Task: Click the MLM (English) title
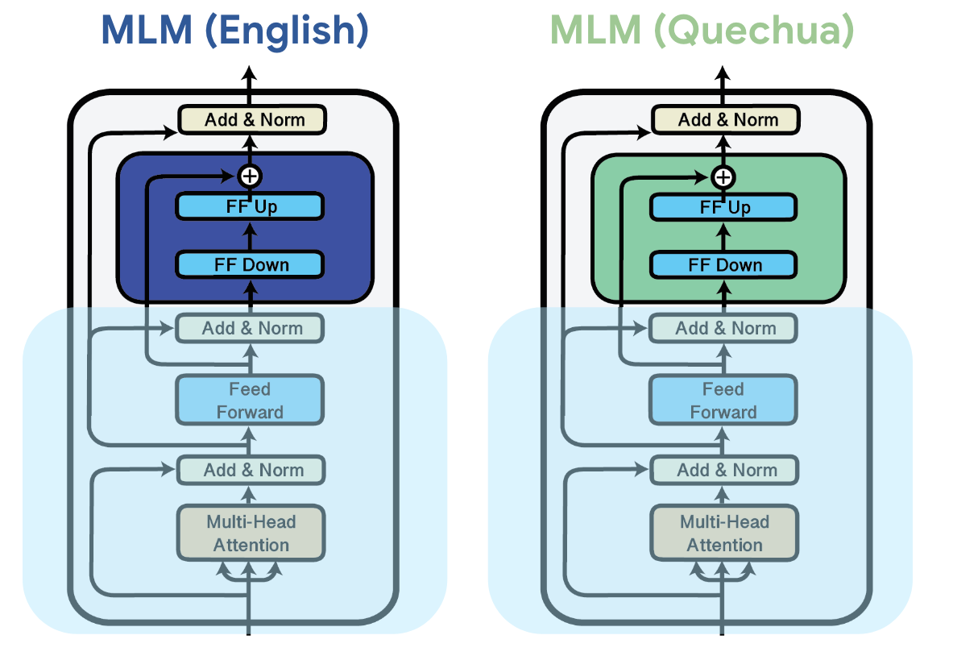(234, 31)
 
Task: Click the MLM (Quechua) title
(701, 31)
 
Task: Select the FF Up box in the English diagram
(250, 206)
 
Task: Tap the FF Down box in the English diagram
(250, 264)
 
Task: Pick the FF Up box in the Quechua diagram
(723, 206)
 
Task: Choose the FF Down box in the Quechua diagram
(723, 264)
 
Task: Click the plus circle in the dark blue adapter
(250, 176)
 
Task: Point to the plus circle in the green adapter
(723, 176)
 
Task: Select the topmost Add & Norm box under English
(252, 120)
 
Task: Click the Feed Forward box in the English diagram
(250, 401)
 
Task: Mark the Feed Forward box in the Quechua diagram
(723, 401)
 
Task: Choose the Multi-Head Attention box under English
(251, 533)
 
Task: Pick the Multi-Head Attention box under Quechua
(724, 533)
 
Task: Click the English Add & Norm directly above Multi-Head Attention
(251, 470)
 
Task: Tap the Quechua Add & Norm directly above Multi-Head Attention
(724, 470)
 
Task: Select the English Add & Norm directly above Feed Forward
(251, 328)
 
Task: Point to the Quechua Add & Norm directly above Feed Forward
(724, 328)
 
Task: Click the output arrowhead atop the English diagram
(250, 75)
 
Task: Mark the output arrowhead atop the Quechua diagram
(723, 75)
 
